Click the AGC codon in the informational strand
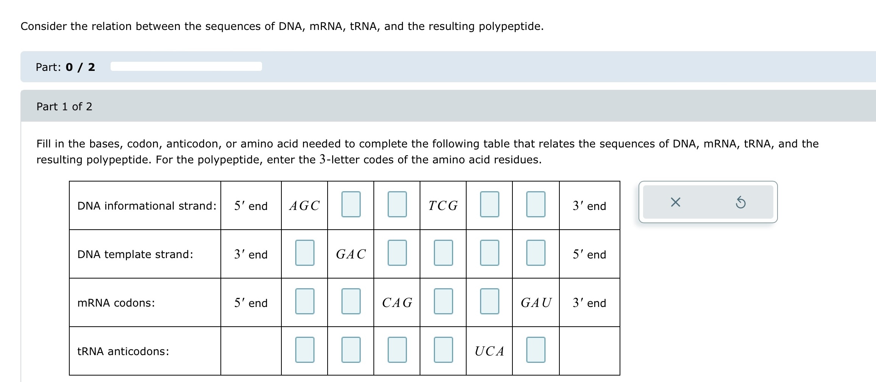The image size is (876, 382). tap(304, 206)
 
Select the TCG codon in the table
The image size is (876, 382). tap(443, 206)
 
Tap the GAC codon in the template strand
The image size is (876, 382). tap(351, 254)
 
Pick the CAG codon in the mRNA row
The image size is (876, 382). tap(397, 302)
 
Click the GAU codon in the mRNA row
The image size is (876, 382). tap(536, 302)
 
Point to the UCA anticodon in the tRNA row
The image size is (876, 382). tap(489, 351)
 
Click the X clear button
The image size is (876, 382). tap(675, 202)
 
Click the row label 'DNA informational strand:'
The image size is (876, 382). tap(147, 206)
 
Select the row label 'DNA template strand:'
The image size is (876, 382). tap(135, 254)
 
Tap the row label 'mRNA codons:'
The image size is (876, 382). tap(116, 303)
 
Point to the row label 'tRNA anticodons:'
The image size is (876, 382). tap(123, 351)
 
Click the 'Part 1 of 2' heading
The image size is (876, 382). tap(64, 106)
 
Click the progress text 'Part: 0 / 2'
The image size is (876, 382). tap(65, 67)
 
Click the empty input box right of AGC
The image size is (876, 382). tap(351, 204)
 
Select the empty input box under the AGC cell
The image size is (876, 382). tap(304, 253)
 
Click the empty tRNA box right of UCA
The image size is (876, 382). tap(536, 350)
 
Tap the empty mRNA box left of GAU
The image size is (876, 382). tap(489, 301)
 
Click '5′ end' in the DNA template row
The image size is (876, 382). tap(589, 254)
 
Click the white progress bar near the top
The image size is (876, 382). tap(186, 66)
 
